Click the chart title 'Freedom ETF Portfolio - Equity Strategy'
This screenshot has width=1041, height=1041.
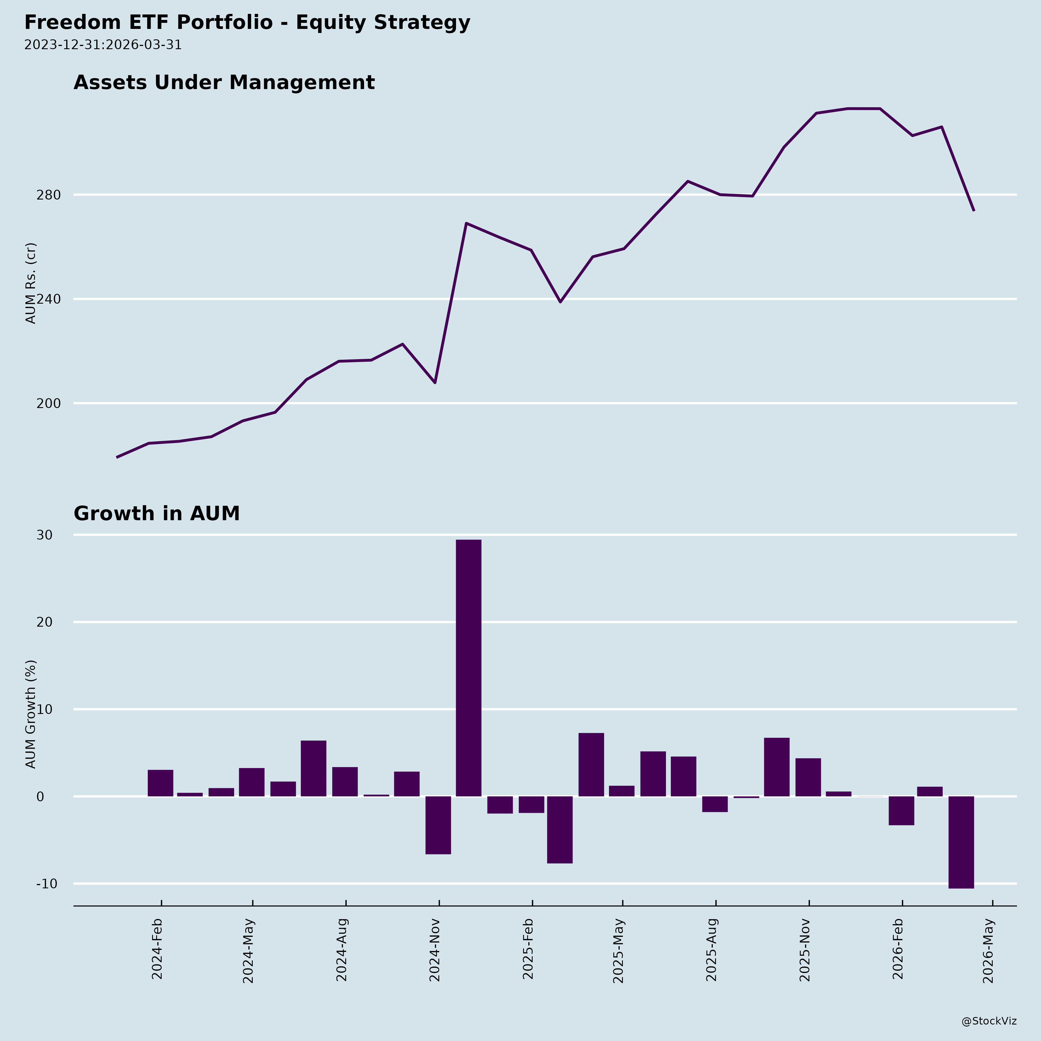pyautogui.click(x=247, y=23)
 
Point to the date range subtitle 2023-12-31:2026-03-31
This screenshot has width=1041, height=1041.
pyautogui.click(x=103, y=45)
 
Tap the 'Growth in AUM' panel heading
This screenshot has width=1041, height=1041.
pyautogui.click(x=156, y=514)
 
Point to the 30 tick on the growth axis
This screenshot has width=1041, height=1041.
pyautogui.click(x=45, y=535)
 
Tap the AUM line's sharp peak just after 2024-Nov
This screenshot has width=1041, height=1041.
pyautogui.click(x=466, y=223)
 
